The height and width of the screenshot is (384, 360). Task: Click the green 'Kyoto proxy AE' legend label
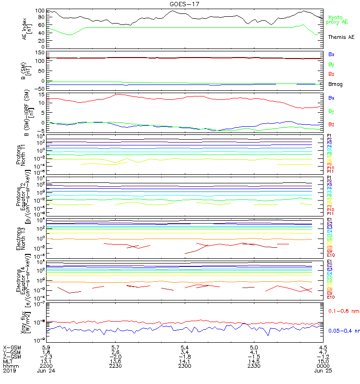[x=337, y=19]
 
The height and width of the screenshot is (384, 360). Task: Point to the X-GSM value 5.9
[x=47, y=347]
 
